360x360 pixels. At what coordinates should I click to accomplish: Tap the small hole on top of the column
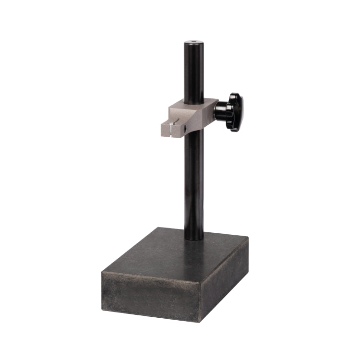coord(193,43)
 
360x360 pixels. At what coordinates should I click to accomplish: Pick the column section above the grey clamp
coord(193,72)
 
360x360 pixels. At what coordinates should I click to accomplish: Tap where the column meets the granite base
coord(193,239)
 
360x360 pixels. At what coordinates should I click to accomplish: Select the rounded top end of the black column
coord(193,45)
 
